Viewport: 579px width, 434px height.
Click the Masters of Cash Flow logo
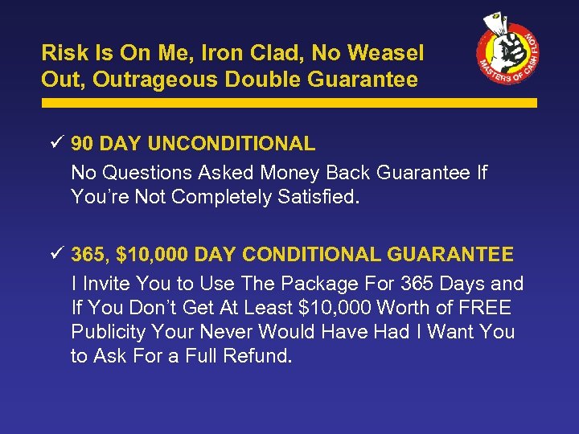pyautogui.click(x=507, y=53)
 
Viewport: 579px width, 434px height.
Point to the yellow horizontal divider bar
pyautogui.click(x=289, y=104)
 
